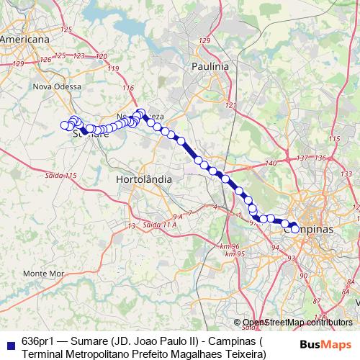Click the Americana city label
[24, 40]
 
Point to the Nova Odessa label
[54, 86]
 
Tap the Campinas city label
[310, 229]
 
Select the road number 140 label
[271, 163]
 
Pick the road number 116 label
[128, 88]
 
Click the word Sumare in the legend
[90, 341]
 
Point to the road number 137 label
[301, 158]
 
